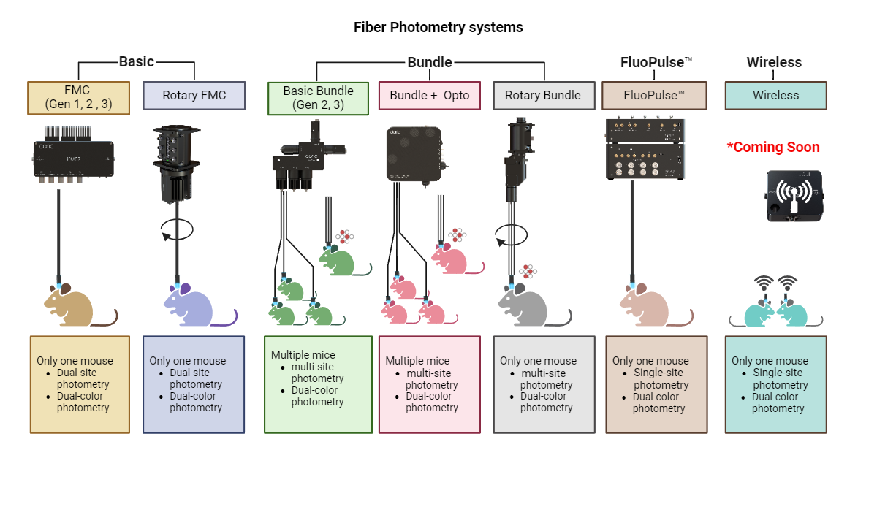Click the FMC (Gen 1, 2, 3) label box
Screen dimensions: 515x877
pos(78,98)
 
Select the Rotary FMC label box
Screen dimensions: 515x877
pos(194,95)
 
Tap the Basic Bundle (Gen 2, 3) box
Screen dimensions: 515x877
pos(318,98)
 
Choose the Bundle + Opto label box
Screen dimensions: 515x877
pos(429,95)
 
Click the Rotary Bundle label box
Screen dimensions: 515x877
pos(543,95)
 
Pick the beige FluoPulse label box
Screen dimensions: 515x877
pos(654,95)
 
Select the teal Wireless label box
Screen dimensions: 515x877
pos(775,95)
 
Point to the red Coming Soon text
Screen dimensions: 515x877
pos(773,148)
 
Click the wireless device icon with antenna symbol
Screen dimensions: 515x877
pos(794,196)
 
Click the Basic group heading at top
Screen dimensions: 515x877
pos(136,62)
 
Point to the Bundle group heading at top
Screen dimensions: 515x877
pos(430,62)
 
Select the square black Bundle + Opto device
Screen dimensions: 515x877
pos(414,153)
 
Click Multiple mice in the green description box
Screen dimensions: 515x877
pos(303,355)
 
